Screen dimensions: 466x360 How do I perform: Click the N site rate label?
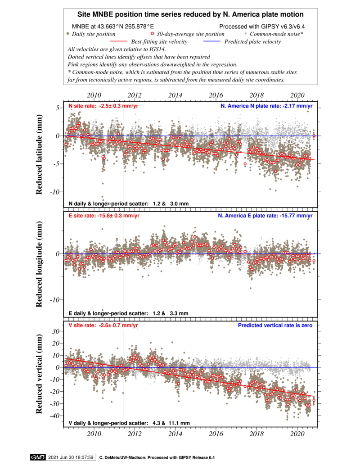pos(103,106)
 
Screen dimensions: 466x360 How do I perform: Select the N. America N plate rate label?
pos(266,106)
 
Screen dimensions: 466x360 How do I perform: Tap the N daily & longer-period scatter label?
pos(128,204)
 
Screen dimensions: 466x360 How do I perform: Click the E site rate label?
pos(104,216)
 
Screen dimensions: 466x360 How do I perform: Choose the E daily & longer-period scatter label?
pos(128,313)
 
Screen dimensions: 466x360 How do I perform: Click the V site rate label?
pos(103,325)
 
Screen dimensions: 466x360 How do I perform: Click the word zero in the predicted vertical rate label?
pos(306,325)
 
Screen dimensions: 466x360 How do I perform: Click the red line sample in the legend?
pos(118,41)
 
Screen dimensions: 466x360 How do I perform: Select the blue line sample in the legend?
pos(211,41)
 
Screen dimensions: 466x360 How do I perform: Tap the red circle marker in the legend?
pos(153,33)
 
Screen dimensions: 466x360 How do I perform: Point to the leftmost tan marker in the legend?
pos(67,33)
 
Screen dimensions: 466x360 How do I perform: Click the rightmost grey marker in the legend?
pos(245,33)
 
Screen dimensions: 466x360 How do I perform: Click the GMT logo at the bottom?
pos(37,457)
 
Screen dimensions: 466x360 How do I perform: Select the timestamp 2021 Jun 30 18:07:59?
pos(71,457)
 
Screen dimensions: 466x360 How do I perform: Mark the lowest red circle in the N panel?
pos(245,164)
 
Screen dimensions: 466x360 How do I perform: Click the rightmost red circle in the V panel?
pos(314,400)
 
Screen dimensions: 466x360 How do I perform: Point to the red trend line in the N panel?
pos(189,147)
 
